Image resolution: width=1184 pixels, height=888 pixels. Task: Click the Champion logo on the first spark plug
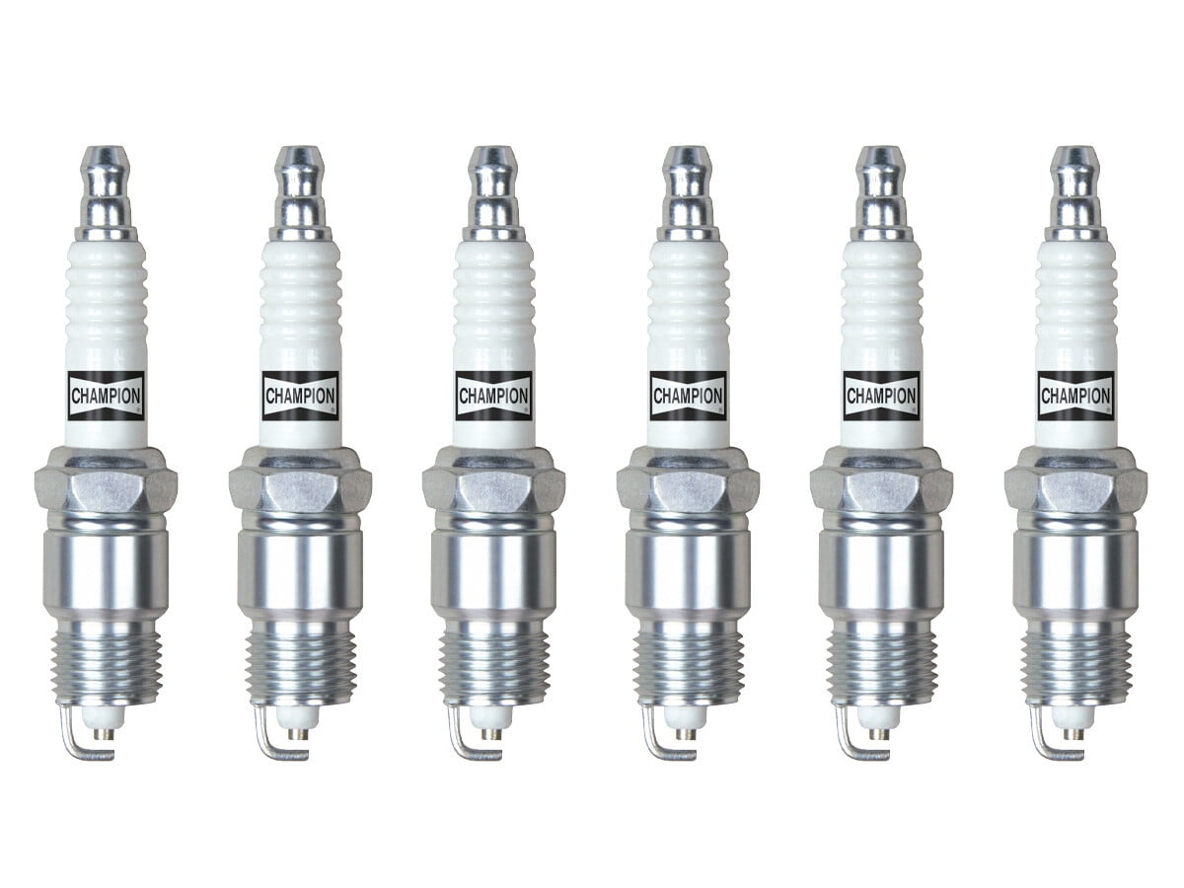click(x=107, y=396)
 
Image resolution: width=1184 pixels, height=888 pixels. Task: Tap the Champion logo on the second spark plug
click(x=300, y=396)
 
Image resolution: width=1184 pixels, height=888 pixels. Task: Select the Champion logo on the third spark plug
click(x=493, y=396)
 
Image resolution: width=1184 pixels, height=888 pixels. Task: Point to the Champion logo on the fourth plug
click(x=688, y=396)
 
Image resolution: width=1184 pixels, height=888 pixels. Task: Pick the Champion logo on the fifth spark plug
click(x=881, y=396)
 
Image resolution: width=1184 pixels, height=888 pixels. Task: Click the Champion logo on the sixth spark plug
click(x=1075, y=396)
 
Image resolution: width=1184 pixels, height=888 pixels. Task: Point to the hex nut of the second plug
click(x=300, y=482)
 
